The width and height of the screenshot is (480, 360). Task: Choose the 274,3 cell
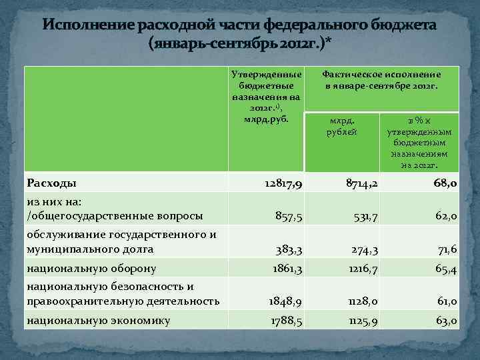point(363,250)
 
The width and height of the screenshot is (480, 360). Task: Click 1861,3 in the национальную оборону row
point(285,269)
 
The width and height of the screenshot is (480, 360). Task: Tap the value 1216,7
point(361,269)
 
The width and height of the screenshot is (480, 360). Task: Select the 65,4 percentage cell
point(443,269)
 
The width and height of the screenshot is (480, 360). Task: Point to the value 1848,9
point(285,302)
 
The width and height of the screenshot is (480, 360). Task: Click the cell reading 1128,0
point(360,302)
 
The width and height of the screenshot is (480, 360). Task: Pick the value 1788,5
point(285,321)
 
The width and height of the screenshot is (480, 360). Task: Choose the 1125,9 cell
point(361,321)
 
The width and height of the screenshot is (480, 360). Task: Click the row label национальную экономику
point(98,321)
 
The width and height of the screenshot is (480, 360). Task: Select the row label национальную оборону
point(91,269)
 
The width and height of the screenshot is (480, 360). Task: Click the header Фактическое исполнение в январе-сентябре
point(381,81)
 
